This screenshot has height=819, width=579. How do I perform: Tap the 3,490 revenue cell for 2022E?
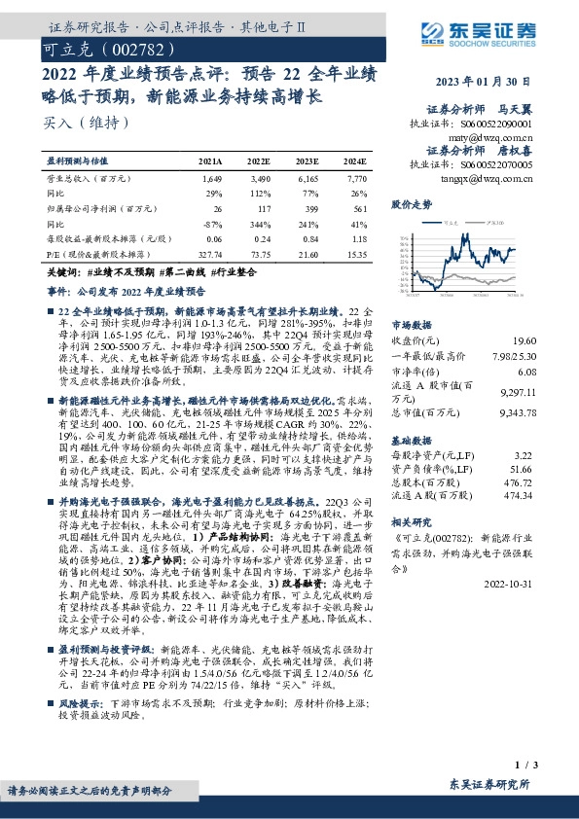(x=259, y=180)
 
